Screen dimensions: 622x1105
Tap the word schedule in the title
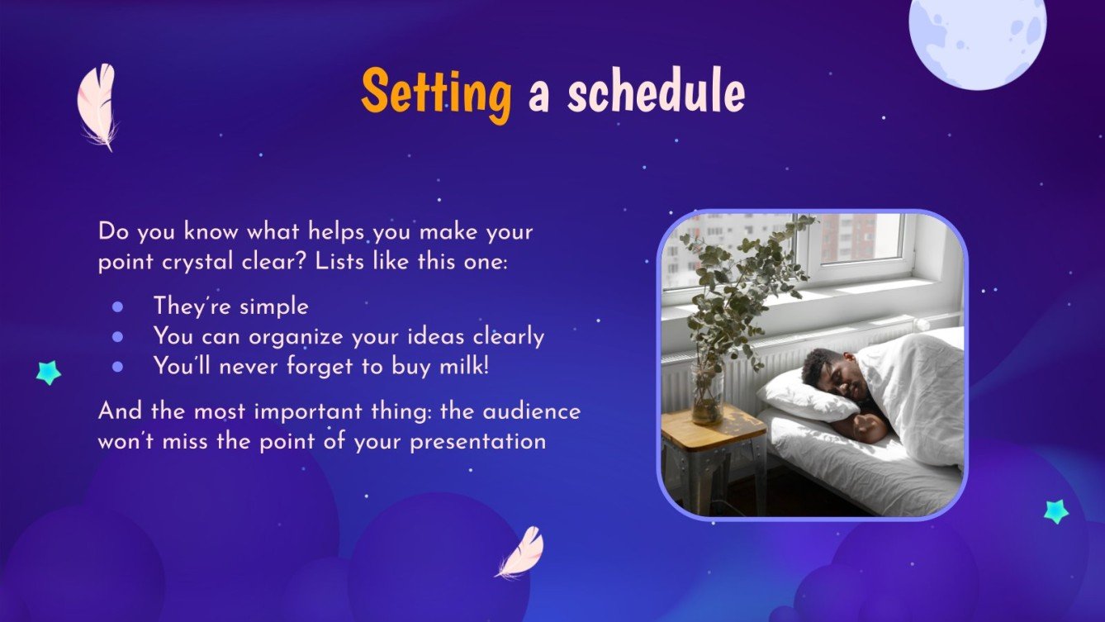tap(656, 94)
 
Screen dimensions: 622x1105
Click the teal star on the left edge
tap(49, 373)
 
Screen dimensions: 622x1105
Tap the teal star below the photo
tap(1055, 511)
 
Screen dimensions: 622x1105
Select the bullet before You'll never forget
tap(117, 365)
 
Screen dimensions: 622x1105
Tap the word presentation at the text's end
tap(478, 441)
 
